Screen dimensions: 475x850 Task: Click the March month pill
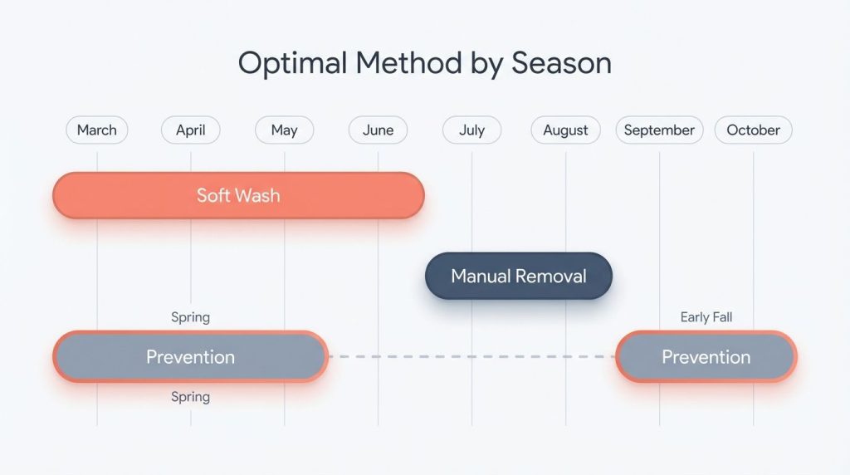pyautogui.click(x=97, y=130)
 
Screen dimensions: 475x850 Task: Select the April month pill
pyautogui.click(x=190, y=130)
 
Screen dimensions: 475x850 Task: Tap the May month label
pyautogui.click(x=284, y=130)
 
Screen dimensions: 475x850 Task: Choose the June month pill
pyautogui.click(x=378, y=130)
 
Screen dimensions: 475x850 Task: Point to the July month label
pyautogui.click(x=471, y=130)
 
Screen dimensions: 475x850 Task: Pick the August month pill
pyautogui.click(x=565, y=130)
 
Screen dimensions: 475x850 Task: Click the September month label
pyautogui.click(x=659, y=130)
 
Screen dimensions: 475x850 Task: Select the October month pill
pyautogui.click(x=753, y=130)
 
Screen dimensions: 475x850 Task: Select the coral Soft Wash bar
pyautogui.click(x=238, y=196)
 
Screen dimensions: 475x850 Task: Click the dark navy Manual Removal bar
pyautogui.click(x=518, y=276)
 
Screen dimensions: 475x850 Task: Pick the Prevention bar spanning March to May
pyautogui.click(x=190, y=357)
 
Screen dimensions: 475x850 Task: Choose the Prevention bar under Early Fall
pyautogui.click(x=706, y=357)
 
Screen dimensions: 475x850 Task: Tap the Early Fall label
pyautogui.click(x=706, y=317)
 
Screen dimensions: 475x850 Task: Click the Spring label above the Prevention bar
pyautogui.click(x=190, y=317)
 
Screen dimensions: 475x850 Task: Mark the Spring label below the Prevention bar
pyautogui.click(x=190, y=397)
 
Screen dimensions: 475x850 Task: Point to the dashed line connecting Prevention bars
pyautogui.click(x=471, y=357)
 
